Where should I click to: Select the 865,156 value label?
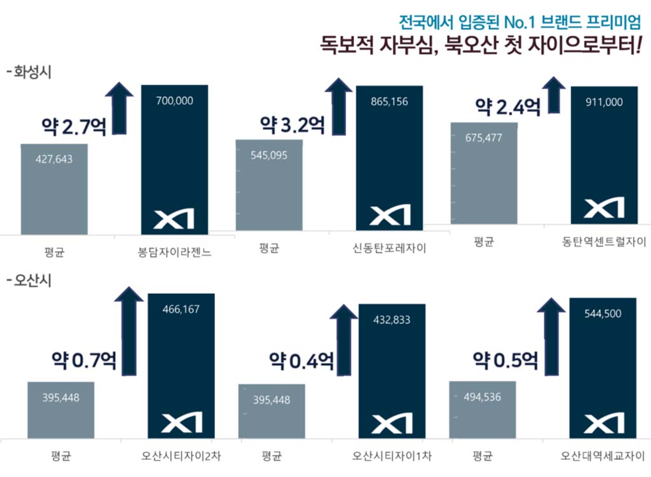click(x=388, y=101)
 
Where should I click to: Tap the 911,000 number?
click(x=604, y=102)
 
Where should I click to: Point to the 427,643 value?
click(x=54, y=159)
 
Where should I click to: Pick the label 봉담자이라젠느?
click(x=175, y=252)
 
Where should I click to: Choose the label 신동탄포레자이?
click(x=389, y=248)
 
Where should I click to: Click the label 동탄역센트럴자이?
click(x=604, y=242)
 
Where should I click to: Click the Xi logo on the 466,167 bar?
click(x=181, y=422)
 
